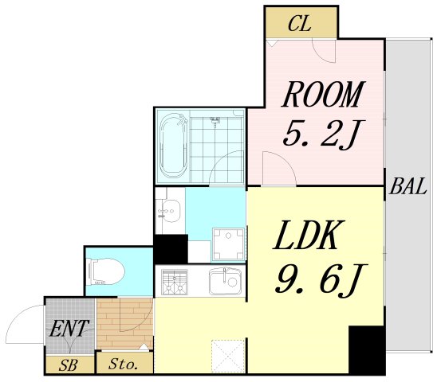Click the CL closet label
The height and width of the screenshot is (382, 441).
(x=300, y=24)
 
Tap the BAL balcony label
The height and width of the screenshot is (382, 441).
(x=408, y=189)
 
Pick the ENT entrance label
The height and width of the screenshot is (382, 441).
(x=69, y=327)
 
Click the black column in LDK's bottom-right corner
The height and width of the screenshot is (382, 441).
(x=366, y=350)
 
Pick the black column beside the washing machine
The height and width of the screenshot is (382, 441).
(x=171, y=250)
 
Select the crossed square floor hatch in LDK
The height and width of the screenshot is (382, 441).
(x=228, y=356)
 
